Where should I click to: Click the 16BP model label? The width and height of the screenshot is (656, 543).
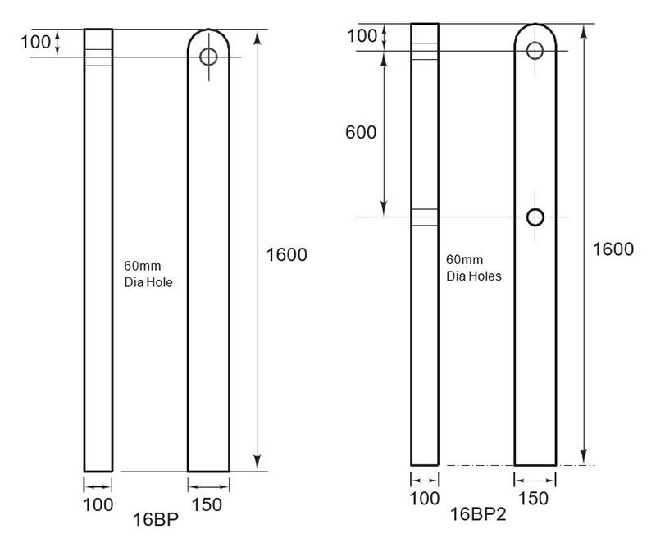point(156,519)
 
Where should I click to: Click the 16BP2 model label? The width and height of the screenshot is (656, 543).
point(478,514)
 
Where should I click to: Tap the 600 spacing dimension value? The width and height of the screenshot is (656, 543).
point(361,132)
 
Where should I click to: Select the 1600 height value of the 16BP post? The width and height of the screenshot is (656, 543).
point(287,254)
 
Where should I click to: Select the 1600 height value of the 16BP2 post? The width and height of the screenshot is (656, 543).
point(613,249)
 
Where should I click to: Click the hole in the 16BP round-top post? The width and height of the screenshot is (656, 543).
point(208,57)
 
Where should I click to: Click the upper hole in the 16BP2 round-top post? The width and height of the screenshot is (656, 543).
point(535,51)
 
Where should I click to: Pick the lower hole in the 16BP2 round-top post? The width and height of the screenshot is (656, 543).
point(535,217)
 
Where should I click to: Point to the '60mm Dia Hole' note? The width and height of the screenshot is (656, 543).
point(148,274)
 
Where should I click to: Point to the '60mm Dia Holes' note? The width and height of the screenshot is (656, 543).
point(474,268)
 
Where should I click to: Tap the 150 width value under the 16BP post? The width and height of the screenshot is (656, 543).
point(208,504)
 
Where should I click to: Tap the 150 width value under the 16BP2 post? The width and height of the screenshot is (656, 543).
point(535,498)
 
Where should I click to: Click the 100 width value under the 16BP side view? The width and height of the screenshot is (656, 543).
point(98,504)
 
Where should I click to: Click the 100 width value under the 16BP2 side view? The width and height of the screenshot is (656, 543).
point(424,498)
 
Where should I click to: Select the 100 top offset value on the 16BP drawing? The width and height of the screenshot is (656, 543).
point(35,42)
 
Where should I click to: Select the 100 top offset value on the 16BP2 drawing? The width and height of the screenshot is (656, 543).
point(362,36)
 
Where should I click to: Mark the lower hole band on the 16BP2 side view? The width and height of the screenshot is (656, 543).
point(424,217)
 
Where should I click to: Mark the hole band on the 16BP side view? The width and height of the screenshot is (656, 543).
point(98,57)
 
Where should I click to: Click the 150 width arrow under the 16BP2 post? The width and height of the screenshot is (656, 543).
point(535,480)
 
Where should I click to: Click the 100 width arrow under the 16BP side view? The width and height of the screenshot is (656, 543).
point(98,486)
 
